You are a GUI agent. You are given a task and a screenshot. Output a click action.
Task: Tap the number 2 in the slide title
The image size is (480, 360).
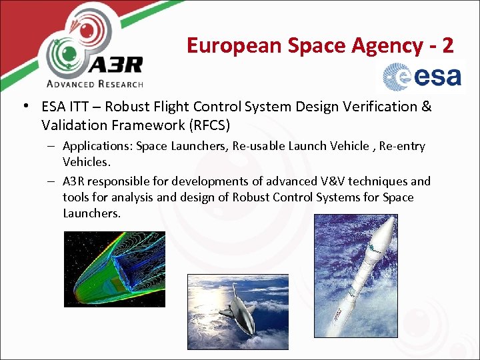pos(447,45)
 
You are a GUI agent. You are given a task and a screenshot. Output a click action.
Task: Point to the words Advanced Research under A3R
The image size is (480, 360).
pos(95,84)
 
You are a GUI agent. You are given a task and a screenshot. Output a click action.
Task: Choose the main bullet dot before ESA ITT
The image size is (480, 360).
pos(24,107)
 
